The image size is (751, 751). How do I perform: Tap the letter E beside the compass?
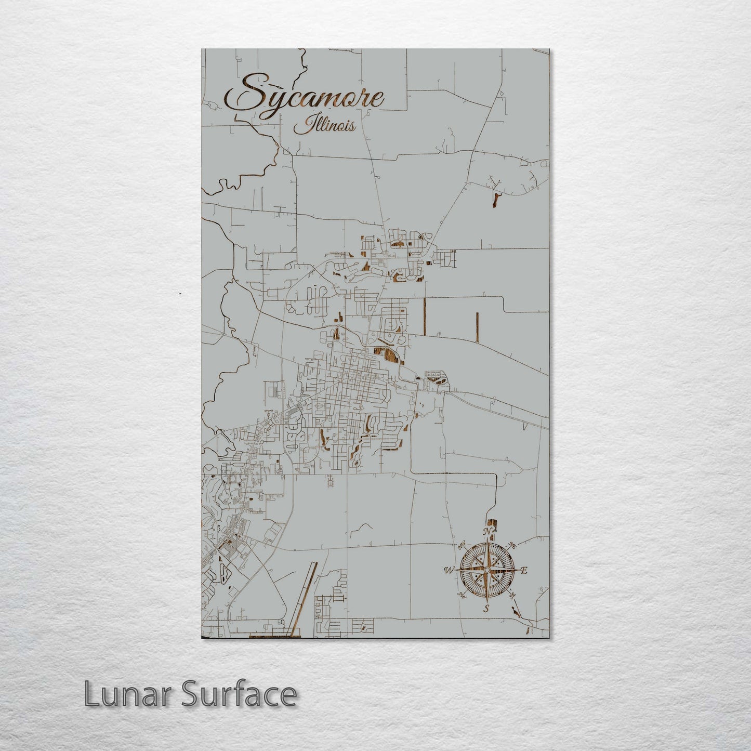point(524,571)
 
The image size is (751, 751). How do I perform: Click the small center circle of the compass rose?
point(486,571)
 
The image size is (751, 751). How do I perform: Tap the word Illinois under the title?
point(324,126)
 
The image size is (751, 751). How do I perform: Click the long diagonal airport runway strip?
point(306,598)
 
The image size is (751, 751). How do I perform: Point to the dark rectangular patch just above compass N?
point(492,523)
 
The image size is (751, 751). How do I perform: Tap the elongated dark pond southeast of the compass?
point(516,611)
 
